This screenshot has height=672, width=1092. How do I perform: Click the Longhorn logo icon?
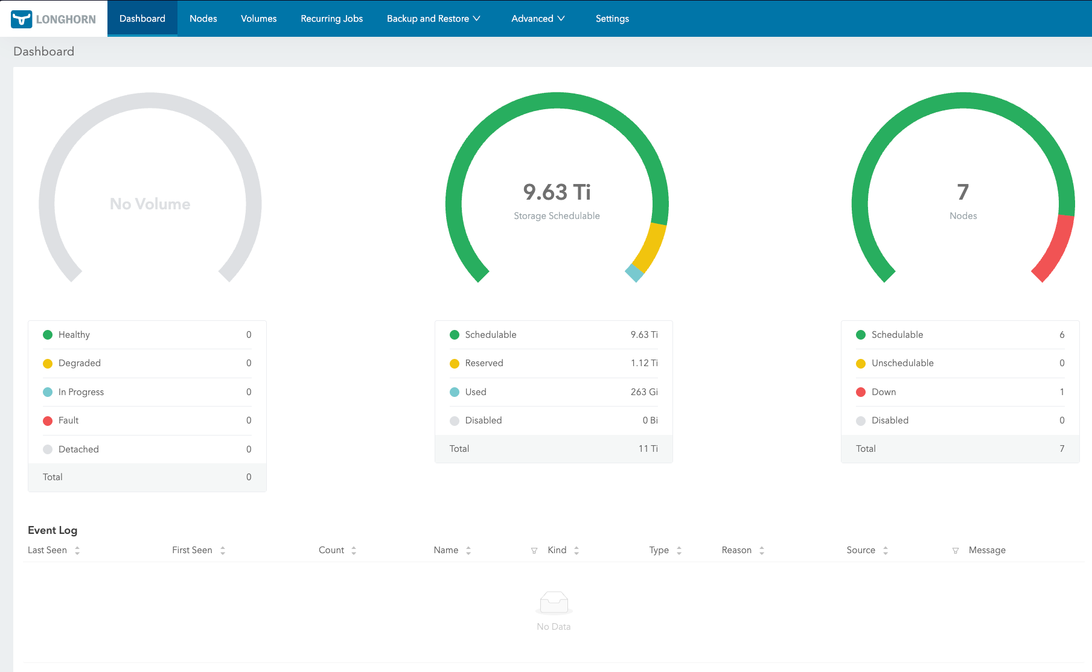coord(22,19)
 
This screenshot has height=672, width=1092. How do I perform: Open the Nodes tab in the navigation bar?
coord(203,19)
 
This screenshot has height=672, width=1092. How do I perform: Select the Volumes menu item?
coord(258,19)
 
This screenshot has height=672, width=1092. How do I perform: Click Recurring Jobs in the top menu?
coord(331,19)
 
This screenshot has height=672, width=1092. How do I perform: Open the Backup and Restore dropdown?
coord(433,19)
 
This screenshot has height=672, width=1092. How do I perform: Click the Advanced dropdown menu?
coord(538,19)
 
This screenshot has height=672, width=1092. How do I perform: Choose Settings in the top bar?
coord(612,19)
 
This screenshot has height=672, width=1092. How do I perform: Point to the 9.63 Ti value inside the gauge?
coord(557,192)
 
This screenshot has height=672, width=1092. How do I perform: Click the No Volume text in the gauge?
coord(150,204)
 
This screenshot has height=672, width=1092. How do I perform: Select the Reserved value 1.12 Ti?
coord(644,363)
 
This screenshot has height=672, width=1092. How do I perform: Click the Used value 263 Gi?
coord(644,392)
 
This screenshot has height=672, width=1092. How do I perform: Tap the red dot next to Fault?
coord(48,421)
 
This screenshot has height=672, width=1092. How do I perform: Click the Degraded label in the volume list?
coord(80,363)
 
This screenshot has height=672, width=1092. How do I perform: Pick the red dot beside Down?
coord(861,392)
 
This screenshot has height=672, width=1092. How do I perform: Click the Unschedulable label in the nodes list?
coord(902,363)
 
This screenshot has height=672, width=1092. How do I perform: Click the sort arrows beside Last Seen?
coord(77,550)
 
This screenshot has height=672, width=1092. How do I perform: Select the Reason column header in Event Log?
coord(736,550)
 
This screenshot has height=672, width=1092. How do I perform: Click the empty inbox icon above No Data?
coord(554,602)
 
